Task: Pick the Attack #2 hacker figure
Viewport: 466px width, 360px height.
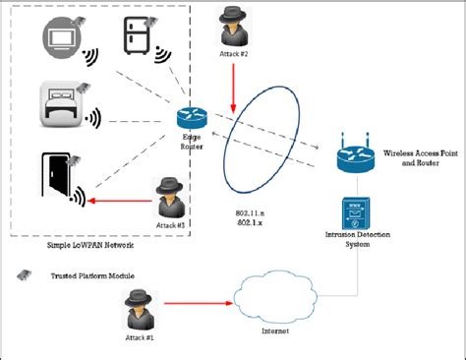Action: [x=233, y=26]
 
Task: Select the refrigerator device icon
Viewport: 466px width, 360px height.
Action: [x=135, y=38]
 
